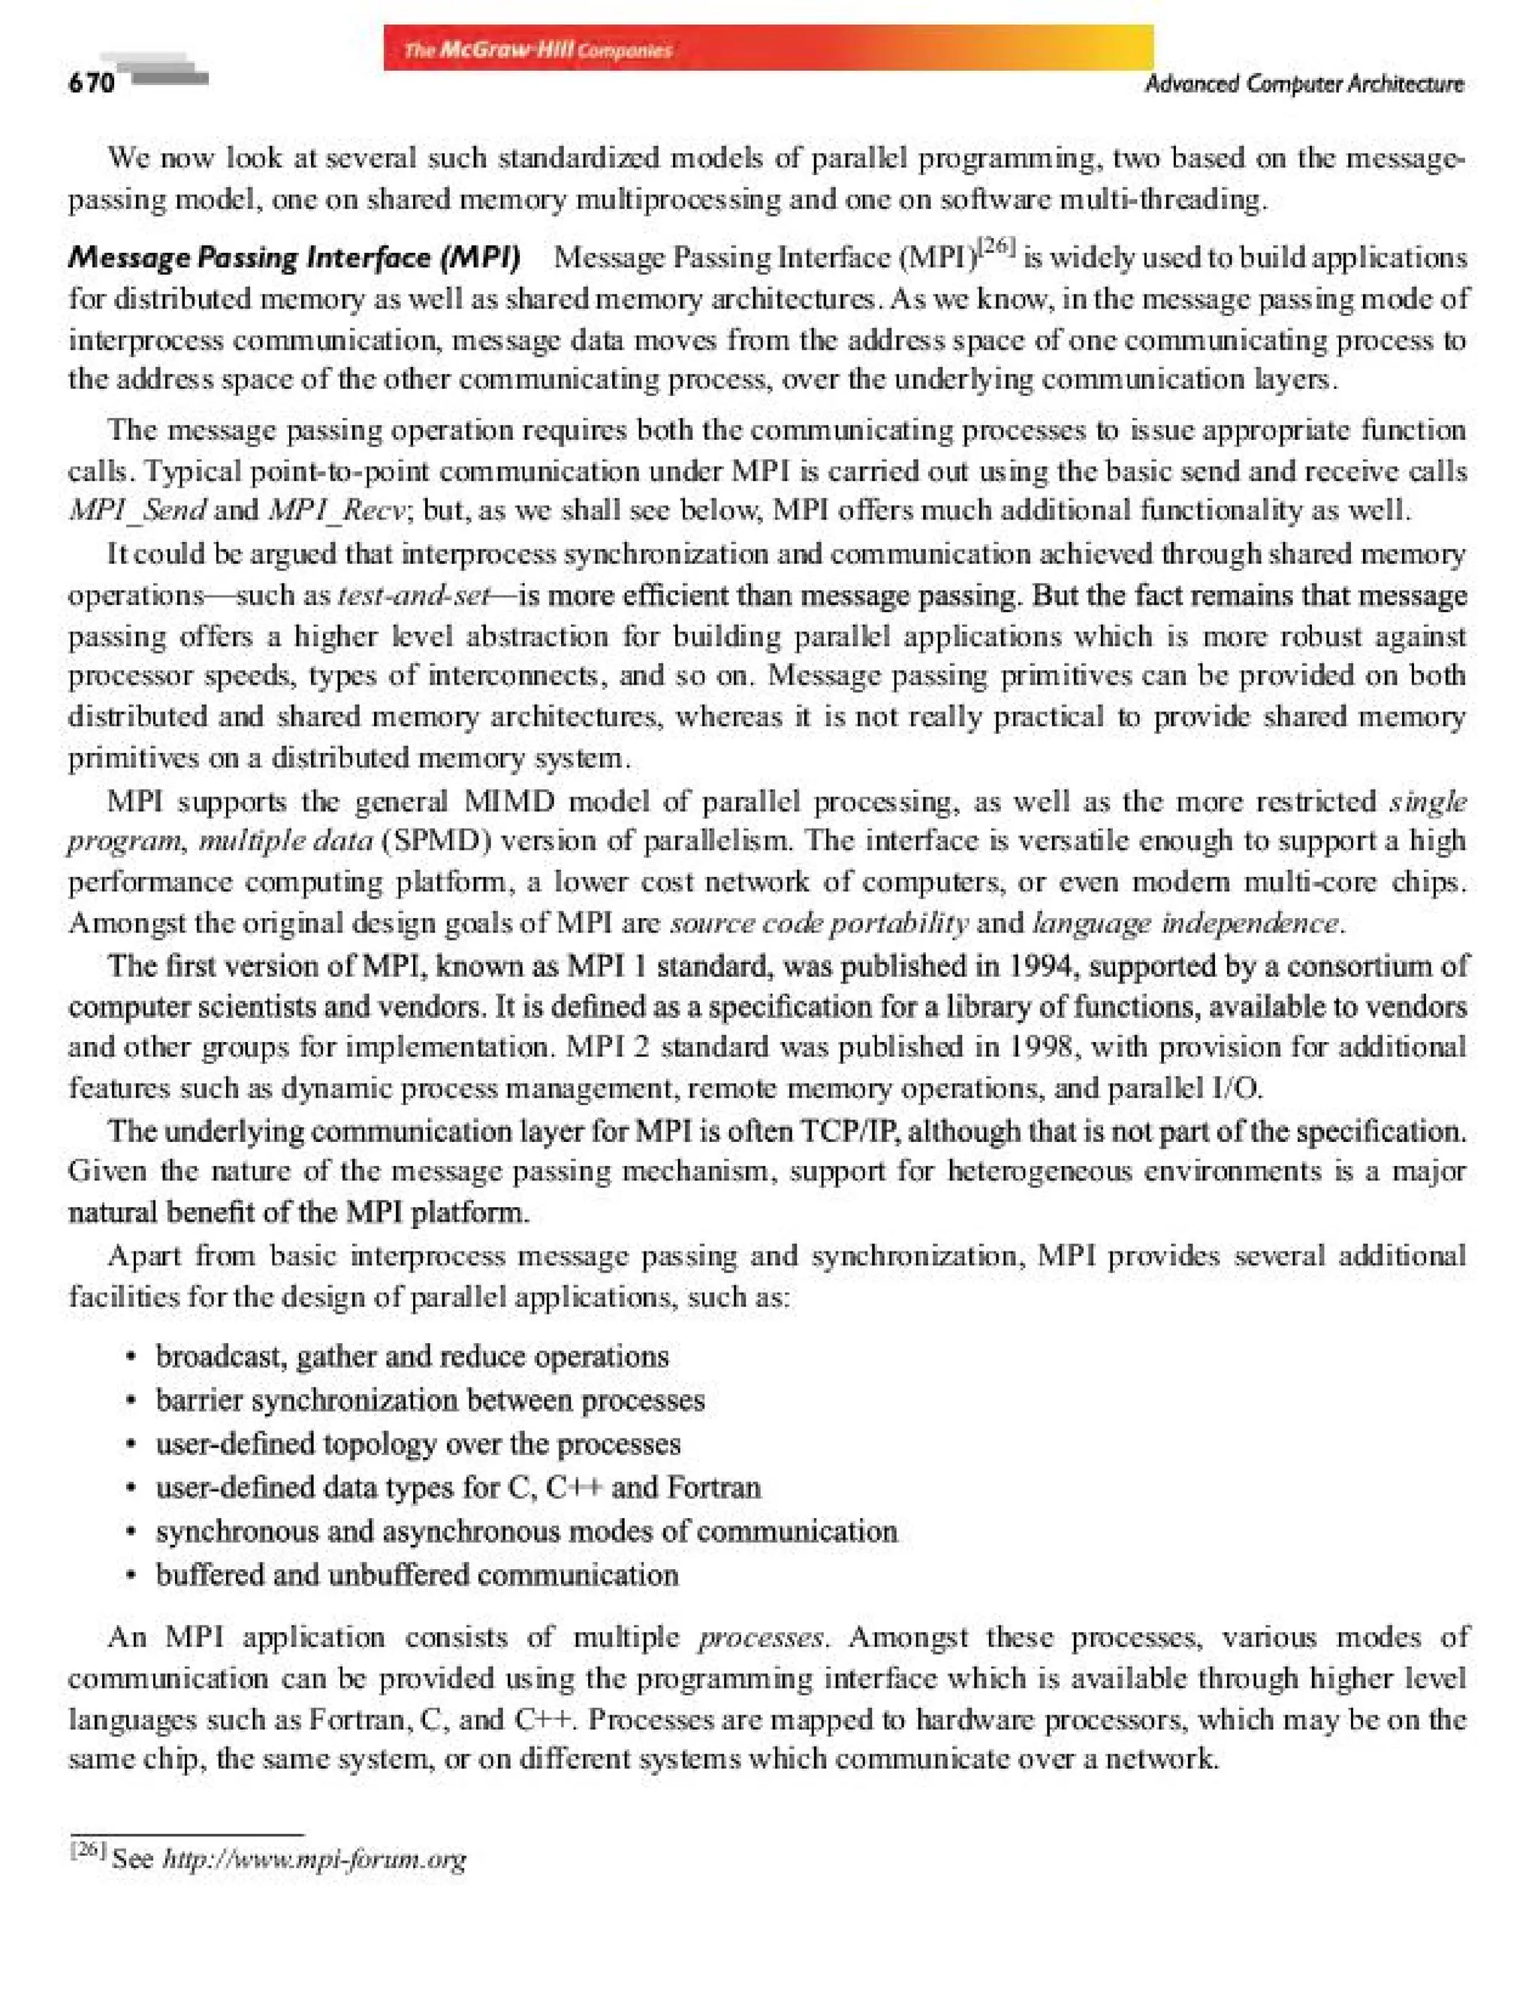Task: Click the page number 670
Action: point(92,83)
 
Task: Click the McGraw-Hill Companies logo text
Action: point(538,50)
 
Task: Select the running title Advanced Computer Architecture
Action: point(1304,84)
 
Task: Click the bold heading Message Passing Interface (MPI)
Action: point(294,258)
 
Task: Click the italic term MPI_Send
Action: point(137,510)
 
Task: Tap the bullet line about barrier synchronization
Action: point(430,1400)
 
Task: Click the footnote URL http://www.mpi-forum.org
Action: point(314,1858)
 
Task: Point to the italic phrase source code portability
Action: point(819,923)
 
